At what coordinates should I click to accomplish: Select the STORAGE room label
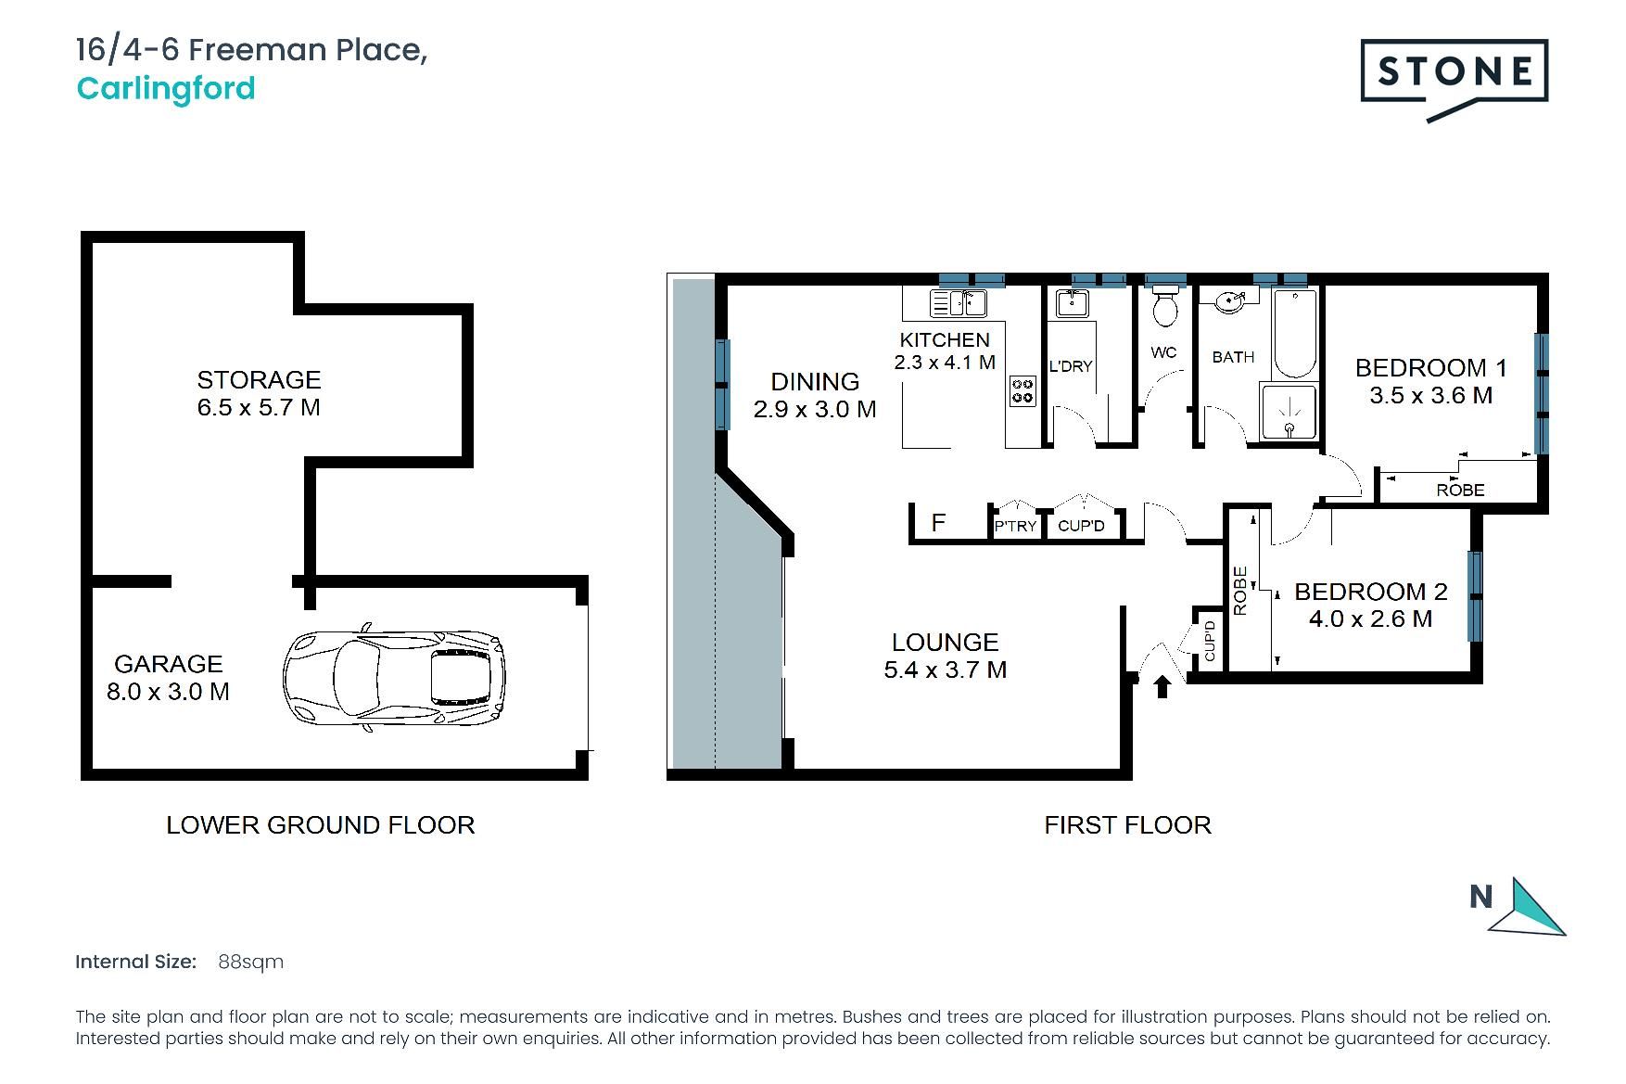pyautogui.click(x=259, y=379)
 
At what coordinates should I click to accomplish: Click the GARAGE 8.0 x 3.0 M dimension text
pyautogui.click(x=168, y=691)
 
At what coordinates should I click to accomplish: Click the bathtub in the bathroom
pyautogui.click(x=1294, y=334)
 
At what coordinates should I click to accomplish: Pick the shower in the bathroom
pyautogui.click(x=1289, y=412)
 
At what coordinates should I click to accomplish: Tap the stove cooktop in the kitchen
pyautogui.click(x=1023, y=390)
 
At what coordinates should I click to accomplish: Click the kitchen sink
pyautogui.click(x=958, y=303)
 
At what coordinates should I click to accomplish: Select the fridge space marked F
pyautogui.click(x=939, y=522)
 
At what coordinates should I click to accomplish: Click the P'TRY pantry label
pyautogui.click(x=1015, y=526)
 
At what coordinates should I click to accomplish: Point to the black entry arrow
pyautogui.click(x=1162, y=686)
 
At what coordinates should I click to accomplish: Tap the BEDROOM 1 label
pyautogui.click(x=1431, y=368)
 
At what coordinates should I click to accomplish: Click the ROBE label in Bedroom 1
pyautogui.click(x=1460, y=490)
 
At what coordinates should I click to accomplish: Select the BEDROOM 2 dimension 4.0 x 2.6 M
pyautogui.click(x=1371, y=619)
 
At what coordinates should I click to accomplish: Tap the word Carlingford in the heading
pyautogui.click(x=166, y=89)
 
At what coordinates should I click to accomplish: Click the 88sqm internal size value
pyautogui.click(x=250, y=962)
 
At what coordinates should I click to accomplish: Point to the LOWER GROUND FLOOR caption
pyautogui.click(x=321, y=825)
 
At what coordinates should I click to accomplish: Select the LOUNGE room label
pyautogui.click(x=946, y=642)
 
